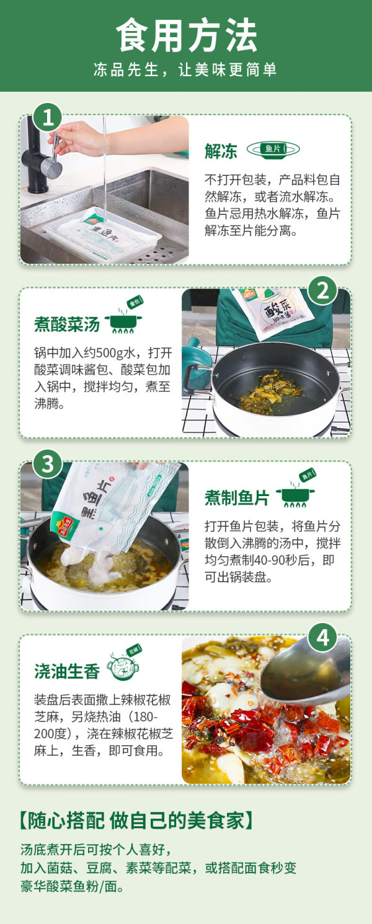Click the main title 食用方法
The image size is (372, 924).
tap(186, 35)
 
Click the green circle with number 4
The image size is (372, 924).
tap(323, 638)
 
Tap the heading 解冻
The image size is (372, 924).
tap(221, 151)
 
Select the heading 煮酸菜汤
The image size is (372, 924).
tap(67, 325)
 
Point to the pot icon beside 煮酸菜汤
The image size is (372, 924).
tap(124, 315)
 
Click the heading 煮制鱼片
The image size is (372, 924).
tap(237, 498)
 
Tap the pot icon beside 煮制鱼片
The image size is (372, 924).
tap(296, 489)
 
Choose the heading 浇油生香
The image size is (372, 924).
tap(67, 671)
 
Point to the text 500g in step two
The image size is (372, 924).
tap(110, 353)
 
